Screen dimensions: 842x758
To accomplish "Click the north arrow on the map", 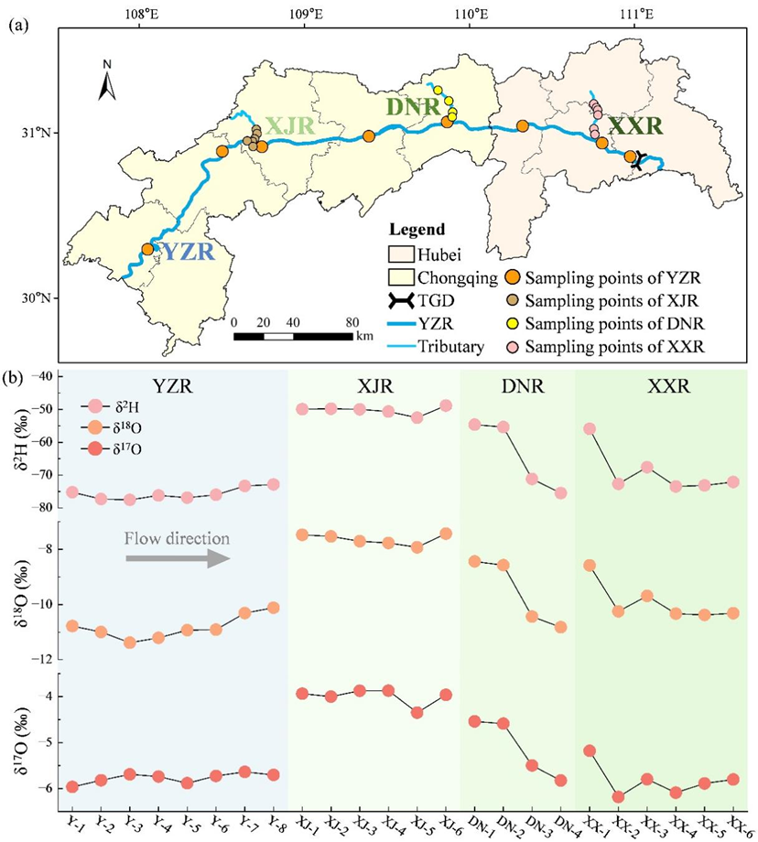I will coord(107,82).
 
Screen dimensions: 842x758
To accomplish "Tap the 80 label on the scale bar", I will coord(352,322).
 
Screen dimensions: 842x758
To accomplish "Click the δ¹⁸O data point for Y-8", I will coord(273,608).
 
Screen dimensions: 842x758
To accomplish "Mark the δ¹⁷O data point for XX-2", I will coord(618,796).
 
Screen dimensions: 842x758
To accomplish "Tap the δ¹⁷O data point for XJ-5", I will coord(417,712).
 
